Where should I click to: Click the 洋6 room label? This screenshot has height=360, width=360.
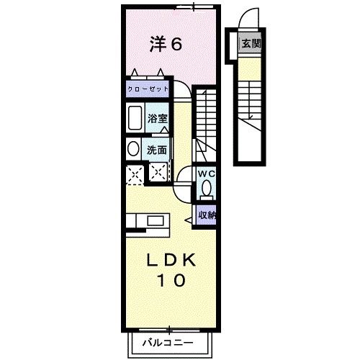click(166, 44)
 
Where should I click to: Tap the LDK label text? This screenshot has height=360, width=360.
click(171, 261)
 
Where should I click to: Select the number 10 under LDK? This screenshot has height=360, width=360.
click(171, 280)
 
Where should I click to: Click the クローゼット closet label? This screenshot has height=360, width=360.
click(148, 89)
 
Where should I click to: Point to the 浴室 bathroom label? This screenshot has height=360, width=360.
click(158, 119)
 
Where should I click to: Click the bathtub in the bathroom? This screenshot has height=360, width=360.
click(135, 117)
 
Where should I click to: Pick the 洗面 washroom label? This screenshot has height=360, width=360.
click(157, 150)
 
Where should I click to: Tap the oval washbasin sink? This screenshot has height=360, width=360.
click(133, 149)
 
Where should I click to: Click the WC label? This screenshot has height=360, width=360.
click(206, 174)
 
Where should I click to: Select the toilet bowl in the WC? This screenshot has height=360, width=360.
click(207, 188)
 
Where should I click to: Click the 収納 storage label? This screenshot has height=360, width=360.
click(207, 215)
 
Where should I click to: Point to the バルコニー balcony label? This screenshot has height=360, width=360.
click(168, 343)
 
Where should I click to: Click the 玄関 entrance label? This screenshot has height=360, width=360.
click(251, 44)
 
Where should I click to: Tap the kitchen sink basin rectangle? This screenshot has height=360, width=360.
click(156, 220)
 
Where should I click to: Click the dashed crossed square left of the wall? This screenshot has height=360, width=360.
click(135, 175)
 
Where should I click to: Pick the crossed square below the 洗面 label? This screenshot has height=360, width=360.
click(158, 172)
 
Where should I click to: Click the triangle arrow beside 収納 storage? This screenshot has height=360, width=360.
click(188, 220)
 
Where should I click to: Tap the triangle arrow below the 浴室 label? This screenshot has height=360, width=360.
click(164, 130)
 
